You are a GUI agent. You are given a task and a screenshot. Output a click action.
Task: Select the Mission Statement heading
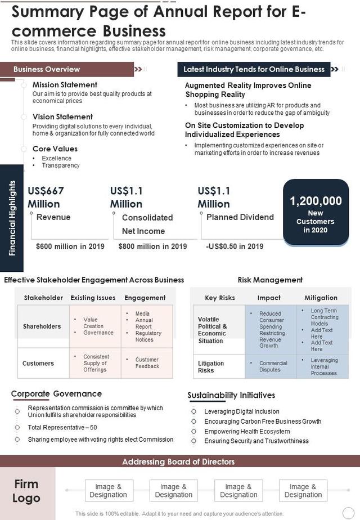(65, 85)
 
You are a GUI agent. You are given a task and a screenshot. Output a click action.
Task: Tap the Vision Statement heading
(62, 117)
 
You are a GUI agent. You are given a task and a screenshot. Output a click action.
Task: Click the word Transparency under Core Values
(61, 165)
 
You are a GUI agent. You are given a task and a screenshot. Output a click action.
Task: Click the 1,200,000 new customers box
(316, 213)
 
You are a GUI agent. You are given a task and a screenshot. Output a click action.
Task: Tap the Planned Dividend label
(240, 217)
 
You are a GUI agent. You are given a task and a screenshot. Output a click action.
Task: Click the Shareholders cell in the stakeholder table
(42, 326)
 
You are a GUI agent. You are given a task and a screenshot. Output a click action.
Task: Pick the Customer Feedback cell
(147, 363)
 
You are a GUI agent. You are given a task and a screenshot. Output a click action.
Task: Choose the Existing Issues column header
(93, 298)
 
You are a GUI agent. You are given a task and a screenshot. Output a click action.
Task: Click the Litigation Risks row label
(211, 367)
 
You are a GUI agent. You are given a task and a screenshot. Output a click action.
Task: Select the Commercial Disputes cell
(273, 366)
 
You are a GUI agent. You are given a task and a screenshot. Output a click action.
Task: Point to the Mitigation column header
(321, 298)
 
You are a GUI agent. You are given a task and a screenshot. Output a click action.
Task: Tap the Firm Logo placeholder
(26, 491)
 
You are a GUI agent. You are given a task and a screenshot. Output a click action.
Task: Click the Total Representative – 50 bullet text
(62, 428)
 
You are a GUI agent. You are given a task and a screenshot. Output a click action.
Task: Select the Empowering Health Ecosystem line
(247, 431)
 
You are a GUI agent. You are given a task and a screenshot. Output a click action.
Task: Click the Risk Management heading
(270, 280)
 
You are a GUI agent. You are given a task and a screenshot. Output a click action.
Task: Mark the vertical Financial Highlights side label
(12, 218)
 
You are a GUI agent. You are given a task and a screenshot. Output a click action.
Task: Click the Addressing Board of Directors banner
(178, 461)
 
